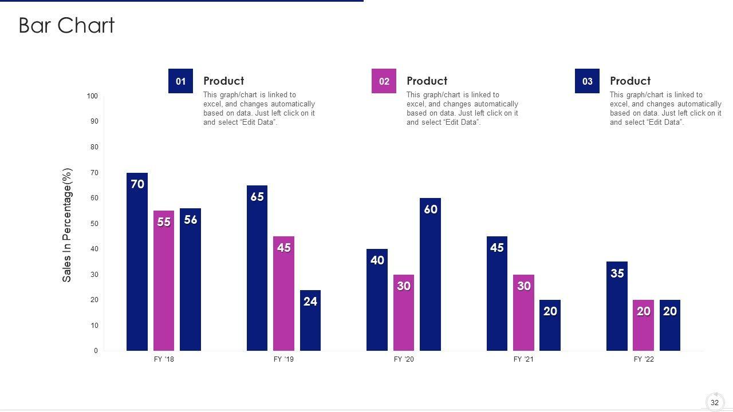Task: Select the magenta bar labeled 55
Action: [x=164, y=280]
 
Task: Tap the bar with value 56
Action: [x=190, y=279]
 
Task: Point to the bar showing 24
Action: [x=310, y=320]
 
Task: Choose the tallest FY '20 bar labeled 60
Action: [x=430, y=274]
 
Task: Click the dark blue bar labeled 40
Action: [x=377, y=300]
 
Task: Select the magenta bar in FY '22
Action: [x=643, y=325]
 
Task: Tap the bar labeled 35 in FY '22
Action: [x=617, y=306]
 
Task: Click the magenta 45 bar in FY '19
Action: [x=283, y=294]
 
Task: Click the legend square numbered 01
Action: [x=180, y=81]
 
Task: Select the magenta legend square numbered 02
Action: [x=384, y=81]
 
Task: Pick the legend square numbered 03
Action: [x=587, y=81]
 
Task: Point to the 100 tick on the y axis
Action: [x=92, y=96]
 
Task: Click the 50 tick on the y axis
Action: [x=94, y=224]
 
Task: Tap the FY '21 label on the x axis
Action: [x=523, y=359]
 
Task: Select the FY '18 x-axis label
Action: [x=164, y=359]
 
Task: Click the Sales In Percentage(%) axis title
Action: [x=67, y=225]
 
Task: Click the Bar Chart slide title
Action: [x=66, y=26]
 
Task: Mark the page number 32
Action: [x=715, y=403]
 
